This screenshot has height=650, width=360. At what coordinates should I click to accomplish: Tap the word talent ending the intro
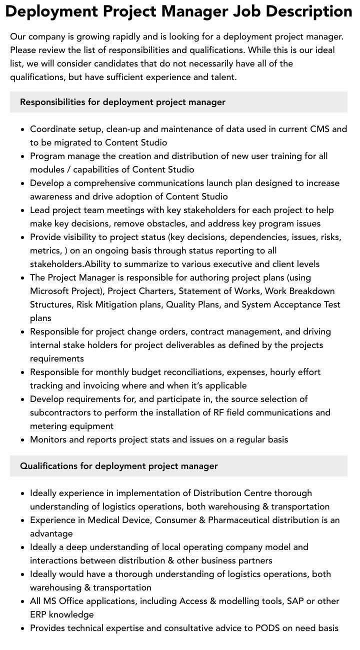[220, 77]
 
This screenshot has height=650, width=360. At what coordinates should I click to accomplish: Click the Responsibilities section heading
[122, 102]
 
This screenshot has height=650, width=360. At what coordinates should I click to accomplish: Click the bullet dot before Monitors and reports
[22, 440]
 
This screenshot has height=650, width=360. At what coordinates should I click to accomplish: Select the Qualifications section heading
[118, 466]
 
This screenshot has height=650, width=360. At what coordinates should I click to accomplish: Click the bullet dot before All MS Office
[22, 601]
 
